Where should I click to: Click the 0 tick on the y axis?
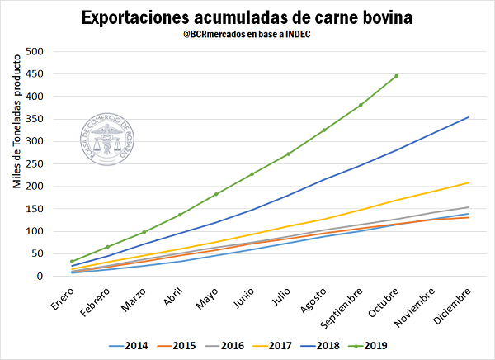coord(39,277)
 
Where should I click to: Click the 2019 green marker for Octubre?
coord(397,76)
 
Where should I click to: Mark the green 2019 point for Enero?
coord(72,261)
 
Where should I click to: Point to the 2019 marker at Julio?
coord(289,154)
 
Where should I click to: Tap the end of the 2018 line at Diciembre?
coord(469,116)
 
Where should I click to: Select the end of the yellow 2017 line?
coord(469,182)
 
